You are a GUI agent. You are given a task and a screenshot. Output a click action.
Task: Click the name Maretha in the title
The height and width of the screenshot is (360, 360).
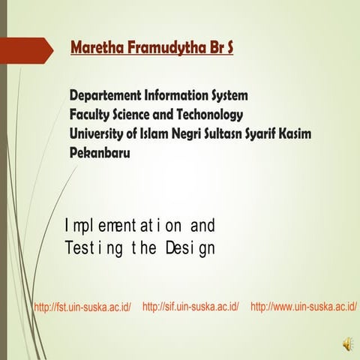pyautogui.click(x=96, y=49)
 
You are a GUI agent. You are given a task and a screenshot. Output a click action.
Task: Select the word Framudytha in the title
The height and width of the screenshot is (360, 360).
pyautogui.click(x=161, y=49)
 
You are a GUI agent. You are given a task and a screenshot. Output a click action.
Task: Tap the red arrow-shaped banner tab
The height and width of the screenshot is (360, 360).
pyautogui.click(x=27, y=50)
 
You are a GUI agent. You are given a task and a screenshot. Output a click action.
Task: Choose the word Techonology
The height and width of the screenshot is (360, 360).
pyautogui.click(x=206, y=115)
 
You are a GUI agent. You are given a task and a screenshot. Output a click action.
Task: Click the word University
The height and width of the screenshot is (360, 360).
pyautogui.click(x=99, y=133)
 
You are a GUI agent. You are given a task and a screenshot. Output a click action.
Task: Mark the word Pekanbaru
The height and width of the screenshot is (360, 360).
pyautogui.click(x=100, y=152)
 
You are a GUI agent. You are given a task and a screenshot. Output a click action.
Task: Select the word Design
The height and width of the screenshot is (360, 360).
pyautogui.click(x=188, y=247)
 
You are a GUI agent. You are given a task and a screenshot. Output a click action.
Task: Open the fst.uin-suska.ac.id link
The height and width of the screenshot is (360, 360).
pyautogui.click(x=82, y=307)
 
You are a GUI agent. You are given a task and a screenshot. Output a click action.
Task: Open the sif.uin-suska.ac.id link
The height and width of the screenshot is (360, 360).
pyautogui.click(x=190, y=307)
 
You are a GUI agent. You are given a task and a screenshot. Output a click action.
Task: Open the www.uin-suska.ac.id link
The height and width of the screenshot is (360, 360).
pyautogui.click(x=304, y=307)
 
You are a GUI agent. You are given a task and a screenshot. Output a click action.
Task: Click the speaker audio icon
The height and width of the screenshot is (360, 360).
pyautogui.click(x=347, y=343)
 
